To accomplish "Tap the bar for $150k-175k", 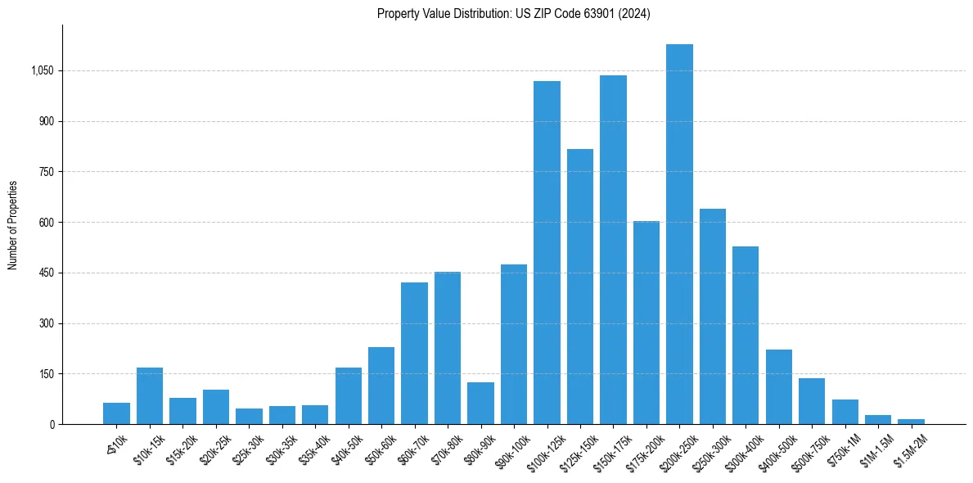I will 613,250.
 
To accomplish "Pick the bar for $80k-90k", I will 480,403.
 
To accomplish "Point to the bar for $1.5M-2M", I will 911,422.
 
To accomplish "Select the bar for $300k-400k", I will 746,335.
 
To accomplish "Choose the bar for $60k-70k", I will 414,353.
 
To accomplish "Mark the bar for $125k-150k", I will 579,287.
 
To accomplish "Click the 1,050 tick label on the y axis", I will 42,71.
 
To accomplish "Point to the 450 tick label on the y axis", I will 47,273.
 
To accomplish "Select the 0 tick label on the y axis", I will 52,425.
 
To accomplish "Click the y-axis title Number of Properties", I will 13,224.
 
